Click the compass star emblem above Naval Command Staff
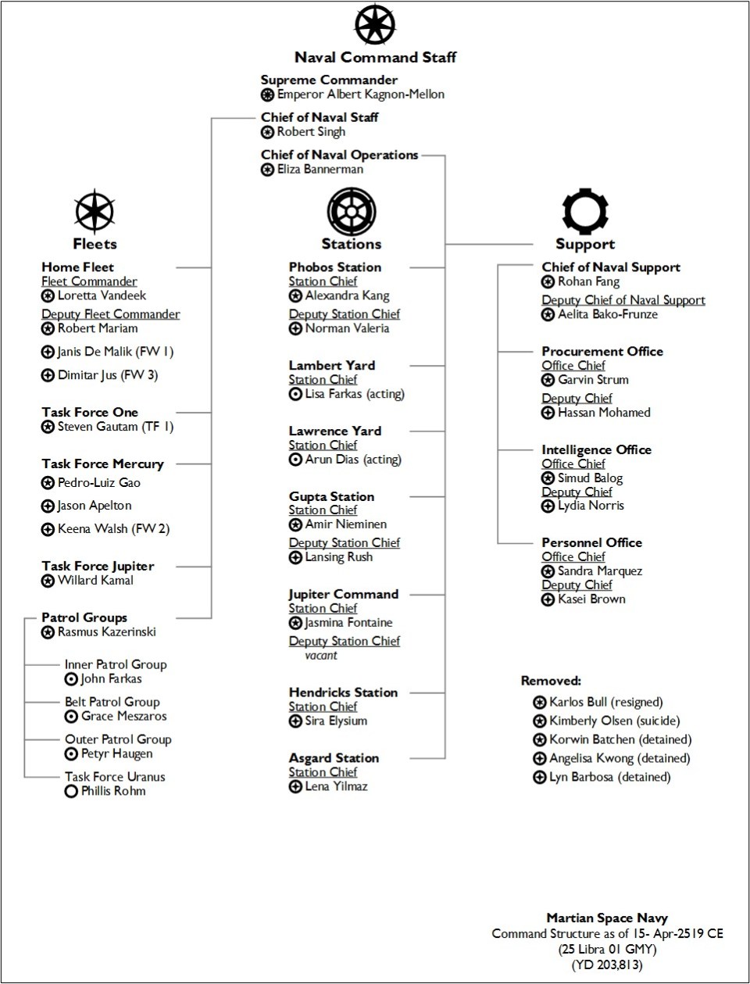375,24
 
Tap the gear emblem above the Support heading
585,211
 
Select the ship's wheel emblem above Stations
352,211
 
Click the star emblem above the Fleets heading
95,212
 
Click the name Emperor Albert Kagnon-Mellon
360,95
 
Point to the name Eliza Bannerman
320,169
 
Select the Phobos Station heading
335,267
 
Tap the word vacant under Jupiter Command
321,656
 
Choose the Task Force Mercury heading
102,464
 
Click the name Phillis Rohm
112,791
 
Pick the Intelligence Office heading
596,450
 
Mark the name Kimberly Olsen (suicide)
614,721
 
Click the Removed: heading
551,681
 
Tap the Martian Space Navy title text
607,918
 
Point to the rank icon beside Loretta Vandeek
48,296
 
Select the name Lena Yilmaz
336,786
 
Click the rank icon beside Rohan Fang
548,282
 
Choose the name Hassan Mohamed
604,413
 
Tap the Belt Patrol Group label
112,702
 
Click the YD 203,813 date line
607,964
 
